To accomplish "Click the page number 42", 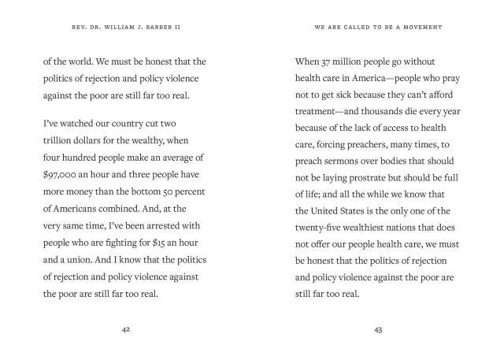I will [126, 329].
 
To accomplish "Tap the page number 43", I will [378, 329].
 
